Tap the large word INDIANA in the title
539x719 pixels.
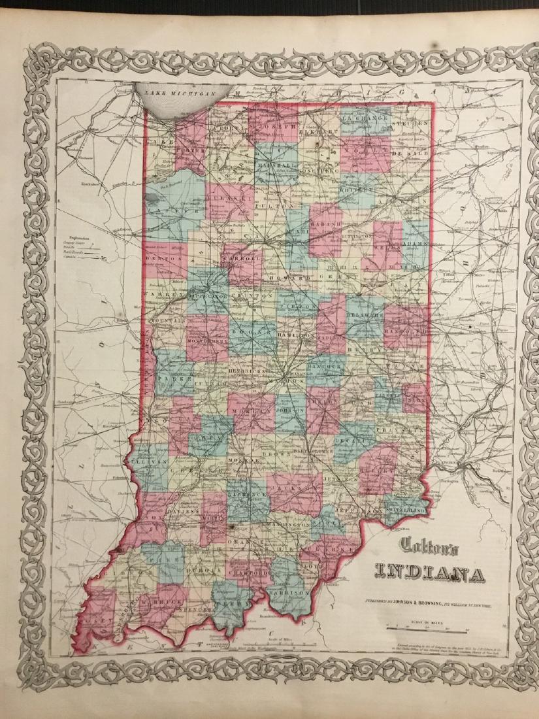pos(430,575)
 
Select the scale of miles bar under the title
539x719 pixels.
pos(429,628)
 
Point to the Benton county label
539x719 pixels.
pos(159,259)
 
